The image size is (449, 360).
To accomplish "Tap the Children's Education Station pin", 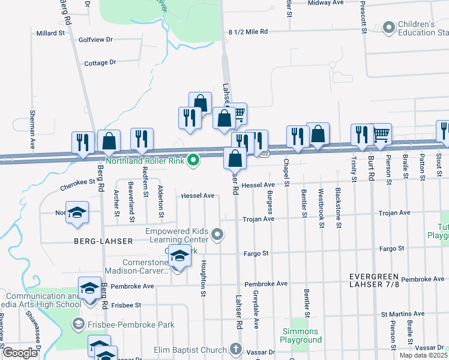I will pos(388,27).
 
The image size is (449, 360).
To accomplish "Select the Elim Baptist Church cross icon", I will pos(237,349).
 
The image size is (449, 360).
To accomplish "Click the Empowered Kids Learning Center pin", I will pos(218,235).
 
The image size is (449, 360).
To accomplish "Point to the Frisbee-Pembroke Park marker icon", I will pos(78,325).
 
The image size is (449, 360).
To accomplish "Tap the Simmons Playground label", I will pos(300,335).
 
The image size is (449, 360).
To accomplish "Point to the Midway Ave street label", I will pos(325,3).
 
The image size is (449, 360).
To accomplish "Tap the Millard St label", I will pos(50,33).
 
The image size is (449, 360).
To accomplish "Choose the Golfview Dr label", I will pos(95,40).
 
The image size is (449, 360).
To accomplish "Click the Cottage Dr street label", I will pos(100,62).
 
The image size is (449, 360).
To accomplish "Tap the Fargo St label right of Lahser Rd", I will pos(255,253).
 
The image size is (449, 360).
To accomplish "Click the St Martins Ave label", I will pos(403,314).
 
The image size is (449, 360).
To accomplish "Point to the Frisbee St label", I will pos(126,305).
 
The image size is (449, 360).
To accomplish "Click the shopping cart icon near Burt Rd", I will pos(382,134).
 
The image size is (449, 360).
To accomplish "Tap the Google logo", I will pos(19,353).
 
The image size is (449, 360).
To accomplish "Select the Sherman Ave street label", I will pos(32,129).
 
